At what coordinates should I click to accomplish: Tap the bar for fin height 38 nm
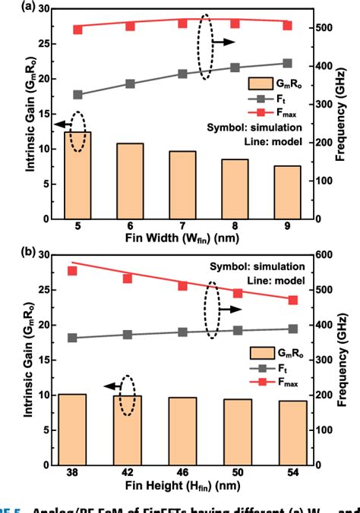77,430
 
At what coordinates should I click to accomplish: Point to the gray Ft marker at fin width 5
77,95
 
